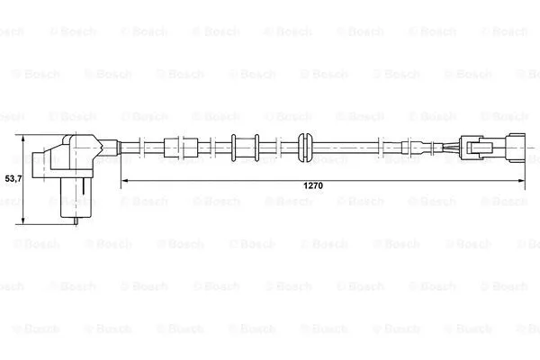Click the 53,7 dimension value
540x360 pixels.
[x=13, y=178]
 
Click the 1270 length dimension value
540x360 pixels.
[x=313, y=185]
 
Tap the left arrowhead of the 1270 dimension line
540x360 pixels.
[x=125, y=180]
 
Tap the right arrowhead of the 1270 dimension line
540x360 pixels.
[x=522, y=180]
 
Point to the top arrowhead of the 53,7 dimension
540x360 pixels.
[x=23, y=138]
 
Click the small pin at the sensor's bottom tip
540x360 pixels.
[x=76, y=220]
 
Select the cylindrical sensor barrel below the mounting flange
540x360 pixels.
[x=76, y=197]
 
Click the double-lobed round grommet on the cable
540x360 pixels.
[x=305, y=148]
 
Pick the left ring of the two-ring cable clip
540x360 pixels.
[x=233, y=148]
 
